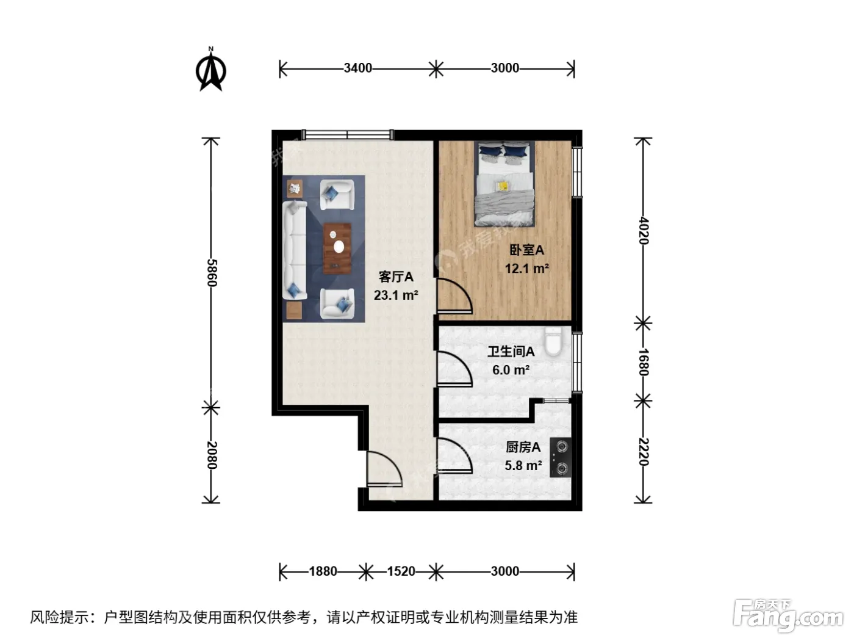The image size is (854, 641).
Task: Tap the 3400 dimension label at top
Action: [357, 68]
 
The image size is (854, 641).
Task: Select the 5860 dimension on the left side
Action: [211, 273]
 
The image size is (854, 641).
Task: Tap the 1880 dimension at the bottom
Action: [323, 571]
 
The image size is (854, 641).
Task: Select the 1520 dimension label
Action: [401, 571]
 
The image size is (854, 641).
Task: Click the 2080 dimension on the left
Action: [211, 455]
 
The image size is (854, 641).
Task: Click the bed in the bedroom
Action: [504, 183]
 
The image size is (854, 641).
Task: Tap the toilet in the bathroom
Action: [553, 341]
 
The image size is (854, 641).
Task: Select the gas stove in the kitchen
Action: [561, 458]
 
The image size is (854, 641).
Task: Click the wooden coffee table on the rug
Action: [337, 248]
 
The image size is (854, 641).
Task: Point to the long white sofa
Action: [295, 250]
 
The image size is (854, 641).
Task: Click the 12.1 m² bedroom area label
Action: [527, 269]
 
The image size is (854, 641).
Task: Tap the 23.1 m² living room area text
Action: [396, 295]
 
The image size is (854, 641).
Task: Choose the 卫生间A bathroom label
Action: [511, 352]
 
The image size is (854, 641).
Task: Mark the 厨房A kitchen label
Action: [523, 447]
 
